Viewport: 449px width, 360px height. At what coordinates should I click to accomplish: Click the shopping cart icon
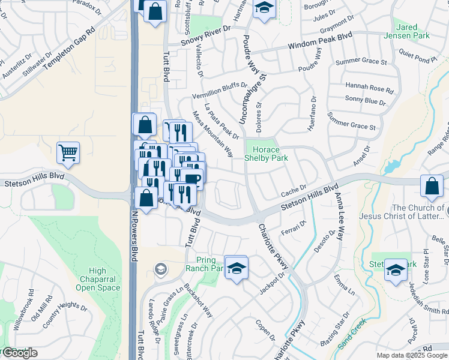coord(68,152)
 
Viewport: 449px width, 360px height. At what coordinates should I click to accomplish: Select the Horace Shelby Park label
coord(265,154)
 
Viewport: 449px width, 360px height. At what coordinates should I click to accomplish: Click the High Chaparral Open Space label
coord(98,279)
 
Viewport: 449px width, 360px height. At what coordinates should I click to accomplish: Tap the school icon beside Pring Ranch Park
coord(237,267)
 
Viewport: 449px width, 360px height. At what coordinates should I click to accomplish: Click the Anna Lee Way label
coord(340,217)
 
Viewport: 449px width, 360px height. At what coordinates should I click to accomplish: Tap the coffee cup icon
coord(192,179)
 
